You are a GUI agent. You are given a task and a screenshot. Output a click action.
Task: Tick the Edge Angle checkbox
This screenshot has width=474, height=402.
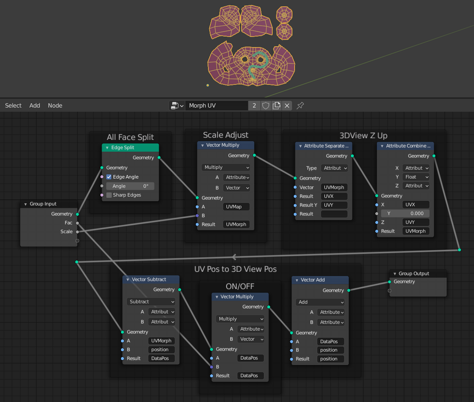click(109, 177)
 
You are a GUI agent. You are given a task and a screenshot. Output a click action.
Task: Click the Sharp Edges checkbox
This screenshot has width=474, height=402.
click(109, 195)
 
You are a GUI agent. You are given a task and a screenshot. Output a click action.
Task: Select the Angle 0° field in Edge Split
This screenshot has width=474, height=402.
click(130, 186)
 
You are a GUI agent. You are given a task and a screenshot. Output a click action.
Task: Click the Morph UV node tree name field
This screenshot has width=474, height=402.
click(216, 106)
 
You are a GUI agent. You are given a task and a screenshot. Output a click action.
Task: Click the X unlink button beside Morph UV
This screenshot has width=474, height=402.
click(287, 106)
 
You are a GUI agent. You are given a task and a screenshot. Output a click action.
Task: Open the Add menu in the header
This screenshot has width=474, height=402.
click(35, 106)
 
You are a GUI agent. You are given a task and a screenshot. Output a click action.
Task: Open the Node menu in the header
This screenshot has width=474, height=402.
click(55, 106)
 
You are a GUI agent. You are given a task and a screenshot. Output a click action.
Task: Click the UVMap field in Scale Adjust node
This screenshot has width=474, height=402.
click(236, 206)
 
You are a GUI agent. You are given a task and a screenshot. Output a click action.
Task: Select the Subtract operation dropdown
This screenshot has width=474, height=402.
click(151, 302)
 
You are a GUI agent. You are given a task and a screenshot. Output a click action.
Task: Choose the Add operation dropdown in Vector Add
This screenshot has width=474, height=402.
click(320, 302)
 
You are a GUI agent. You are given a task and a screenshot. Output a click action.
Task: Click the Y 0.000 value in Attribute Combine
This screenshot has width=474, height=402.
click(405, 213)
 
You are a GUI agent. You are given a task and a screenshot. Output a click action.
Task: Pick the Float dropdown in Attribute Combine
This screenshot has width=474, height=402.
click(416, 177)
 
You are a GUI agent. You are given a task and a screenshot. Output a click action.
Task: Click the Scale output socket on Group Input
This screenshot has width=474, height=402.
click(77, 232)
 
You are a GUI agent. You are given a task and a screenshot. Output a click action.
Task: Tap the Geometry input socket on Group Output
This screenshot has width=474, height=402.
click(390, 282)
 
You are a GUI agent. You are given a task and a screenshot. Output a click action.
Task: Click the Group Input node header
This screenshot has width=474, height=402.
click(49, 204)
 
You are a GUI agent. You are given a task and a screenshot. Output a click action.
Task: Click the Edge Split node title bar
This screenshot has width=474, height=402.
click(130, 148)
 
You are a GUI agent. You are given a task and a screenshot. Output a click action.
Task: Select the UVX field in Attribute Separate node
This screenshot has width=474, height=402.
click(334, 196)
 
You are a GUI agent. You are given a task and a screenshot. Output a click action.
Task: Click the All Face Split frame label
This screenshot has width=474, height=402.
click(130, 137)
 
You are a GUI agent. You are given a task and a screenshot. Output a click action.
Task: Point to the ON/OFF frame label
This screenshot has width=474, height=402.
click(240, 287)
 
